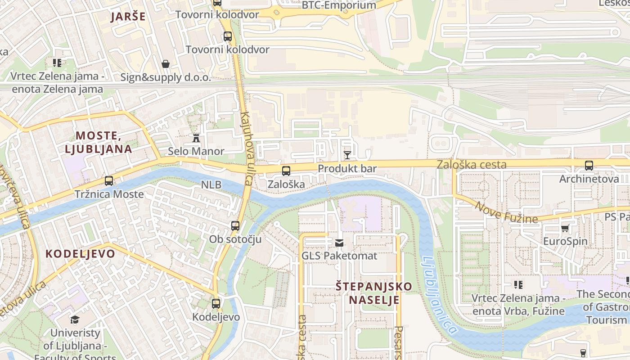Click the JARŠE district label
click(x=128, y=17)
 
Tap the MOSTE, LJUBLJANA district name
click(x=98, y=142)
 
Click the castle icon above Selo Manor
click(x=196, y=138)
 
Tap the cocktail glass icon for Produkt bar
click(x=347, y=156)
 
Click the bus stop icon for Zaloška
click(x=286, y=171)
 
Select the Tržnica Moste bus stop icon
click(x=109, y=181)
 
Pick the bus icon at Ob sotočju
click(x=235, y=226)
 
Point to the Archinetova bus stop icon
click(x=589, y=166)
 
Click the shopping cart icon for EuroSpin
click(x=565, y=228)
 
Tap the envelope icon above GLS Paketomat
click(x=339, y=243)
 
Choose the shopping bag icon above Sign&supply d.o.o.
click(x=166, y=64)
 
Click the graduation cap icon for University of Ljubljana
click(x=75, y=320)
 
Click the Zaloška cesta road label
click(x=471, y=165)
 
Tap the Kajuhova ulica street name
click(x=247, y=148)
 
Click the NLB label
click(x=211, y=184)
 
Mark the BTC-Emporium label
click(x=339, y=5)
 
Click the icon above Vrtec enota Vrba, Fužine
click(x=518, y=285)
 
